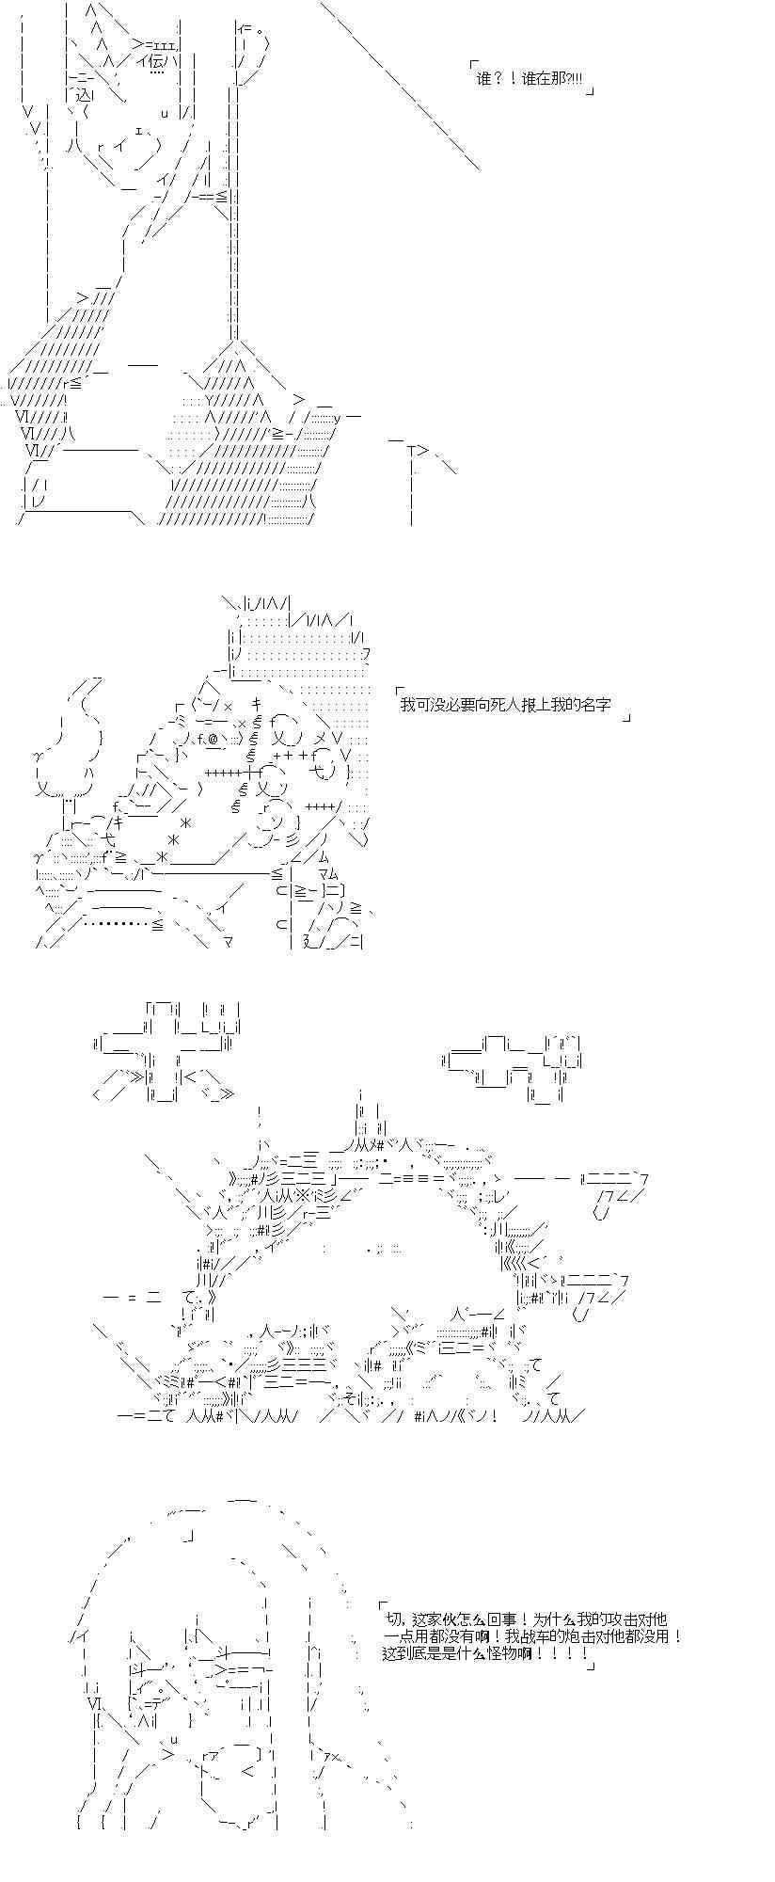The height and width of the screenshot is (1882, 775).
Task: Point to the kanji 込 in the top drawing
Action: pos(76,96)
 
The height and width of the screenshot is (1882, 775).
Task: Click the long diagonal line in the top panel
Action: pos(400,87)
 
